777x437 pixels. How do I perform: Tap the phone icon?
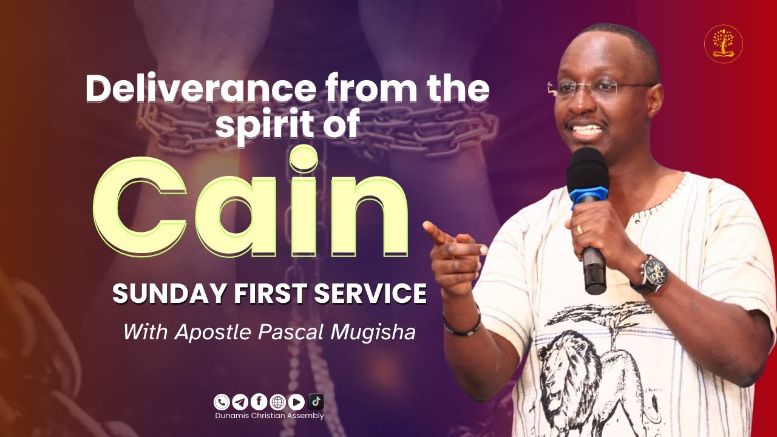(222, 402)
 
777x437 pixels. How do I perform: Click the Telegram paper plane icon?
(240, 402)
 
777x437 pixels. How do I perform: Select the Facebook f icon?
(259, 402)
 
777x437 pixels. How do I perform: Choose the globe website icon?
(278, 402)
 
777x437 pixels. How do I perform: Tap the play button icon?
(296, 402)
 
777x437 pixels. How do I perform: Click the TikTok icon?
(316, 401)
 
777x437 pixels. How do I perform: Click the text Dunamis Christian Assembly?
(270, 416)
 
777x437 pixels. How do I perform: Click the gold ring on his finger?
(579, 229)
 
